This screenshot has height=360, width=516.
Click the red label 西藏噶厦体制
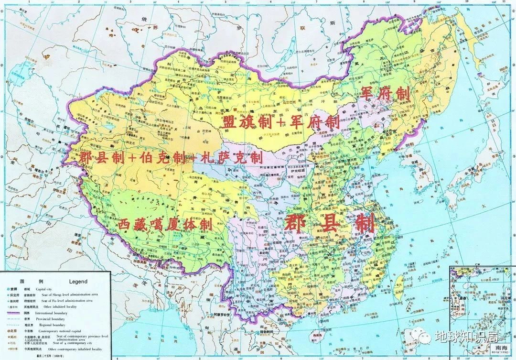(165, 223)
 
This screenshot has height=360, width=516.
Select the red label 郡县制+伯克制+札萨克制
(171, 157)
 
